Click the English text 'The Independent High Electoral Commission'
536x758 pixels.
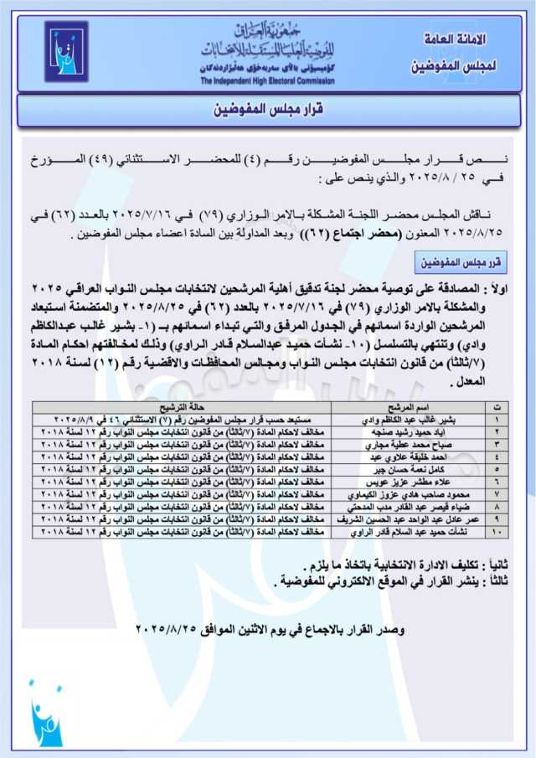point(267,81)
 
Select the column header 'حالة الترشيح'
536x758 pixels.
point(182,405)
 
